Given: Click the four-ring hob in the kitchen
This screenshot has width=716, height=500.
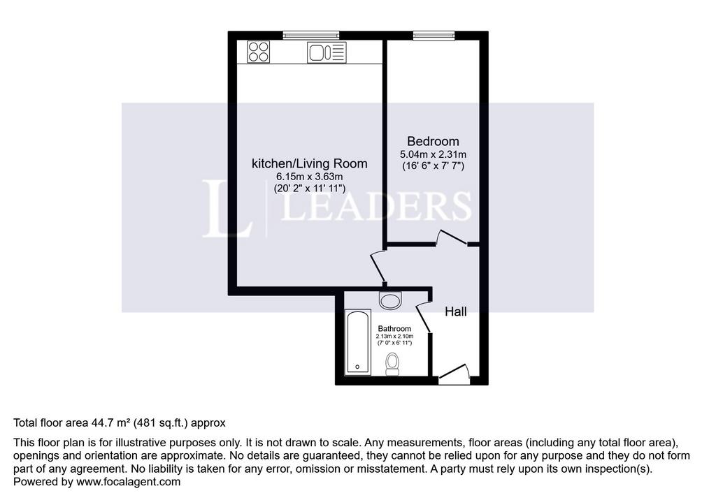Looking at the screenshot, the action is click(259, 52).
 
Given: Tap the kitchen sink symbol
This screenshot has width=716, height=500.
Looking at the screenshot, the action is click(327, 52).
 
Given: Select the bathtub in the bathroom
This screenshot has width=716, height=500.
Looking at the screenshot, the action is click(358, 342).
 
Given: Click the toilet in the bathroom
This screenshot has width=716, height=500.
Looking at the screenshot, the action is click(392, 364).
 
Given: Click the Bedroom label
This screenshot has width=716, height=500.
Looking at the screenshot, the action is click(433, 142).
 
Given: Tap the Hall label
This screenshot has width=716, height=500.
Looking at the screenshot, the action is click(456, 311).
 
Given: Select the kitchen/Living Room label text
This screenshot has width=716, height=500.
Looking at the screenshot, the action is click(310, 163).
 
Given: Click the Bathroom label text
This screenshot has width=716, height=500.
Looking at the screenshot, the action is click(394, 328).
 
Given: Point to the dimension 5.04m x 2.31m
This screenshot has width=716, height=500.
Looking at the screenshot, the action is click(433, 154).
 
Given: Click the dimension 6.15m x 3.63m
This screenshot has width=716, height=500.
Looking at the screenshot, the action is click(310, 176).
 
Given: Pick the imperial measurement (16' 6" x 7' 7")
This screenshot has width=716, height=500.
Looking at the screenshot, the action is click(433, 166).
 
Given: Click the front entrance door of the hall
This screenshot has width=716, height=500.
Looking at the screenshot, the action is click(454, 371).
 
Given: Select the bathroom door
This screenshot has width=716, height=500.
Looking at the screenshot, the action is click(424, 316).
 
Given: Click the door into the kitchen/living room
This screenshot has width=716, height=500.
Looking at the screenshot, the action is click(378, 267).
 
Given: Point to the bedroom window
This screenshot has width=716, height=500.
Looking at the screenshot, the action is click(434, 35).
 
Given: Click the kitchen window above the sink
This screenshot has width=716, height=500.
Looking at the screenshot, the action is click(311, 35).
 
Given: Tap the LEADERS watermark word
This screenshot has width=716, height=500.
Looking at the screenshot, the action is click(375, 206).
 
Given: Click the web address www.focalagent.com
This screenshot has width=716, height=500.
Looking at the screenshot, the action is click(129, 482).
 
